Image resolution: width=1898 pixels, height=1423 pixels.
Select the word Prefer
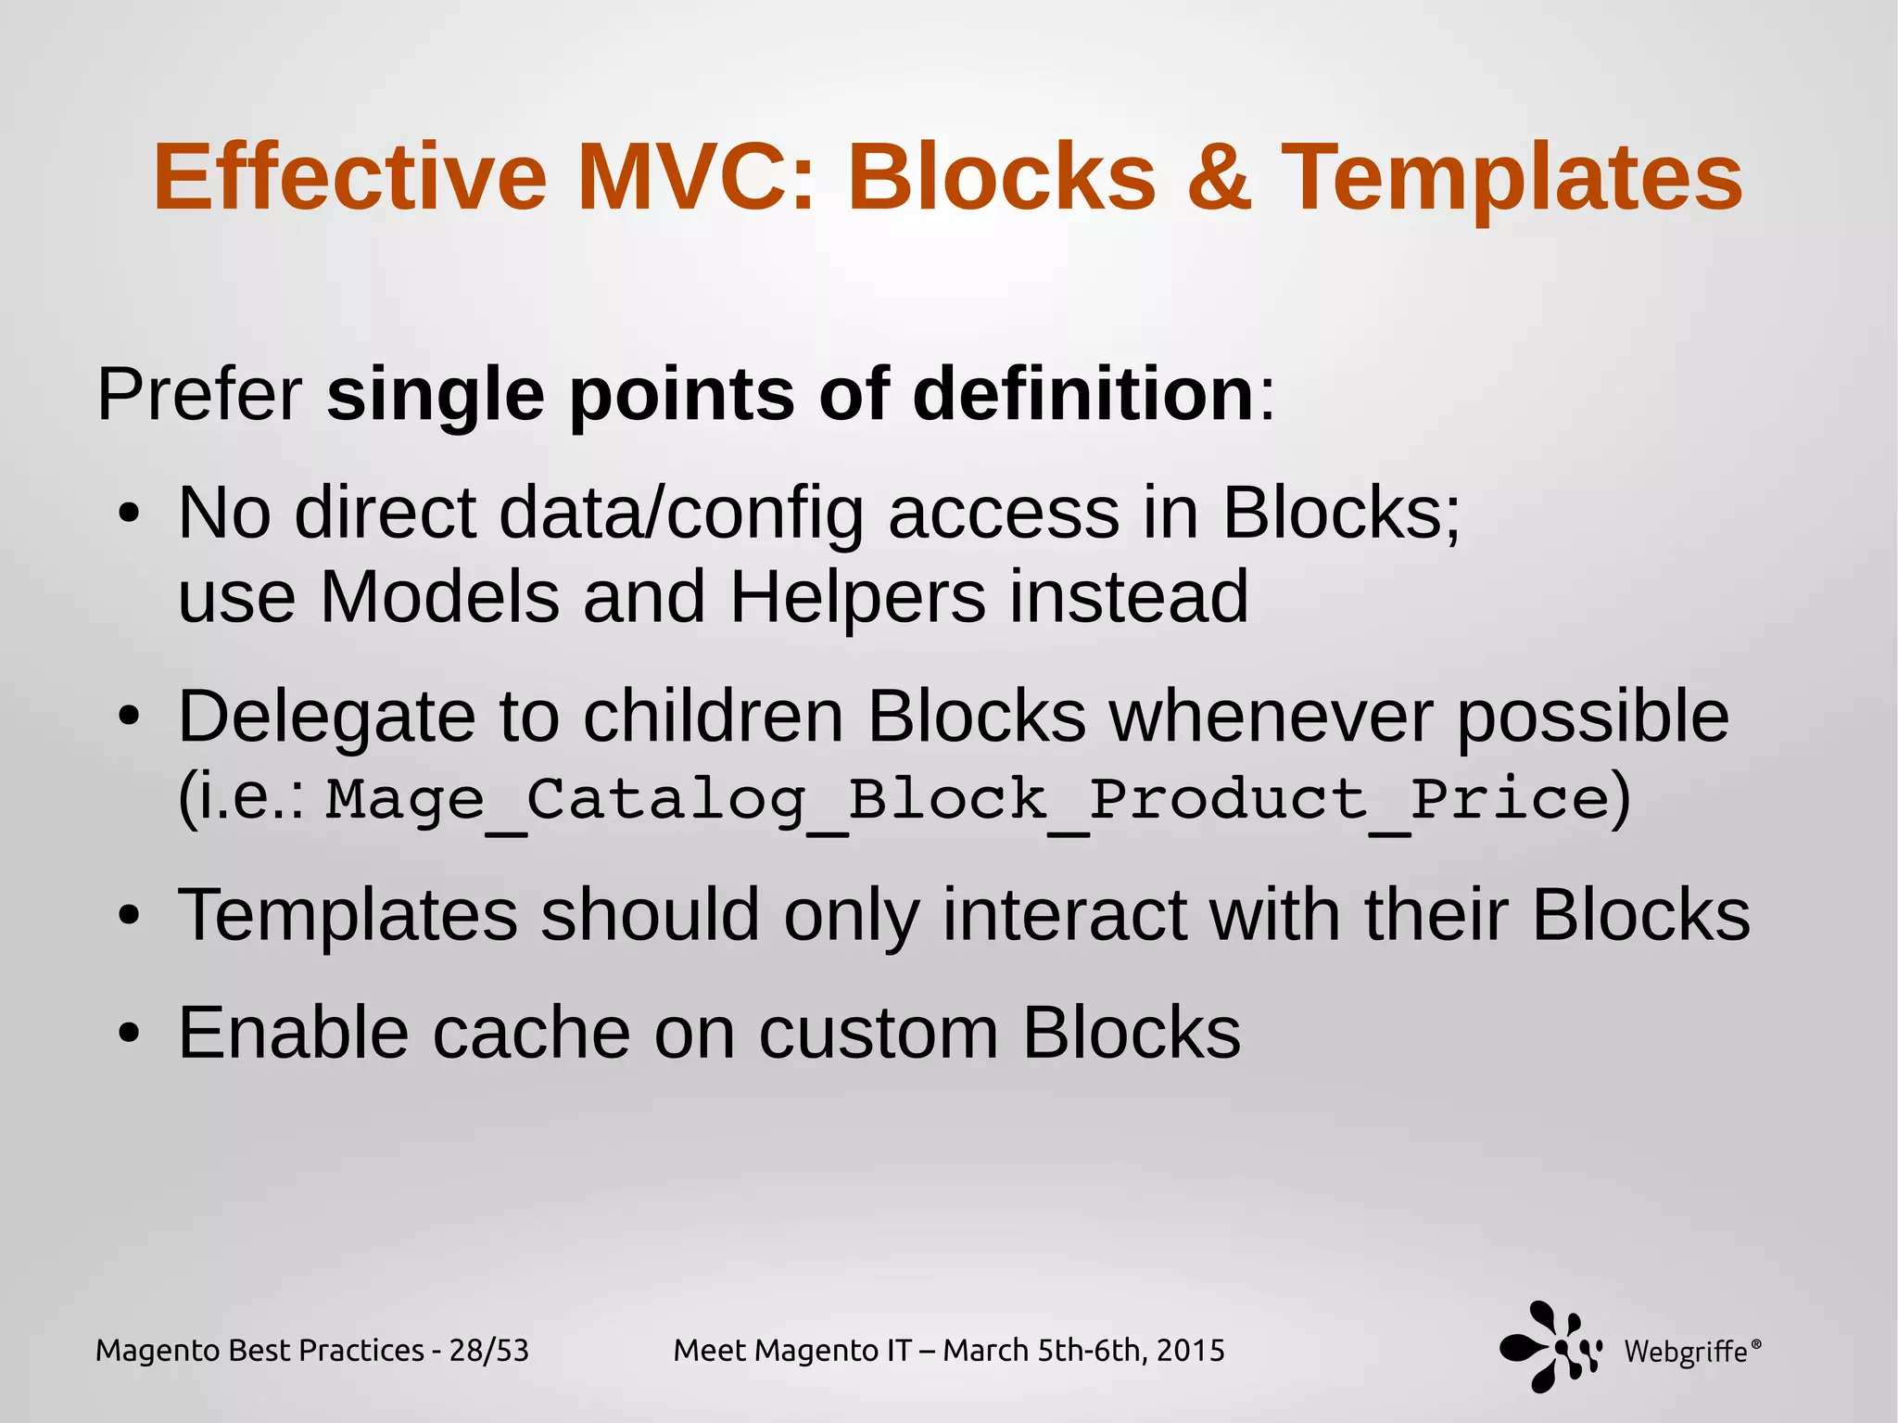click(199, 395)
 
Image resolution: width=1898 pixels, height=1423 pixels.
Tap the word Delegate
click(324, 718)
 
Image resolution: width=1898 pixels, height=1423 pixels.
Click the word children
click(714, 718)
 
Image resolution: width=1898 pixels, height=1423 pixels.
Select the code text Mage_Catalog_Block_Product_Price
click(968, 799)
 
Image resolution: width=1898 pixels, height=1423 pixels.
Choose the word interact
click(1064, 916)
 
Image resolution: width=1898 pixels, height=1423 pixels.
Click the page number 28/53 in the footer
click(488, 1351)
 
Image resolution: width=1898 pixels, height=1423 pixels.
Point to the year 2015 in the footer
click(1190, 1351)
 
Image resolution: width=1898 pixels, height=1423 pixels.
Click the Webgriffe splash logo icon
click(1550, 1346)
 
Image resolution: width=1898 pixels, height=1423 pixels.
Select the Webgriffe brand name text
click(1686, 1353)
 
